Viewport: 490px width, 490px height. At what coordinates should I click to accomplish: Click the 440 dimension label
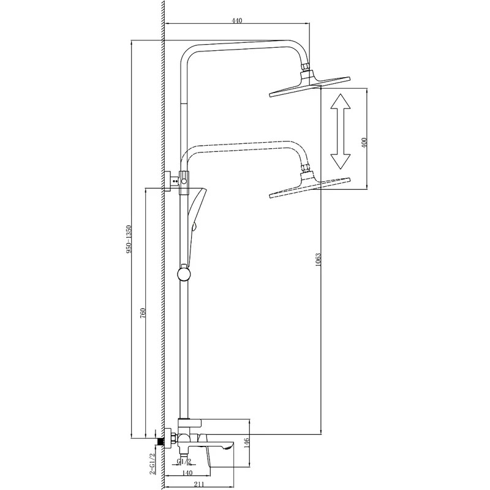tap(237, 21)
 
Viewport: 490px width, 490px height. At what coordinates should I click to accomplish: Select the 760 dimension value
tap(143, 312)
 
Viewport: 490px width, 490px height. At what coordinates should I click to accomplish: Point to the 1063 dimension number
tap(318, 260)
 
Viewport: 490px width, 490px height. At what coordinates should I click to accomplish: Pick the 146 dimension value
tap(247, 442)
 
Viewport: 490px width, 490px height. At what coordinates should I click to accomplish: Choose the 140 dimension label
tap(187, 473)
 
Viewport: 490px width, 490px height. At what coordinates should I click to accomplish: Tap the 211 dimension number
tap(198, 484)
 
